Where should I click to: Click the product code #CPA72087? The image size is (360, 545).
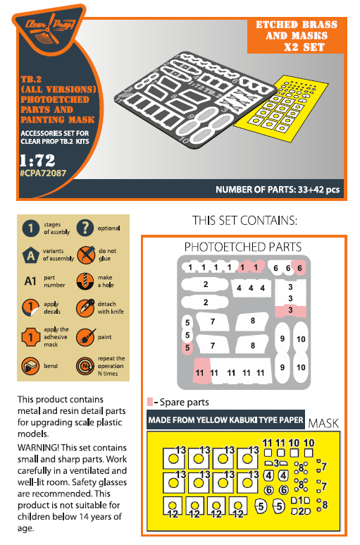point(43,173)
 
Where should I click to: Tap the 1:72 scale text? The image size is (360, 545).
point(37,160)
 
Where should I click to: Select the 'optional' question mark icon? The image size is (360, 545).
point(85,228)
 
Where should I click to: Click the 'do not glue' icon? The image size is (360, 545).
point(85,255)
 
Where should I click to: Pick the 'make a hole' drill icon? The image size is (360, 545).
point(85,281)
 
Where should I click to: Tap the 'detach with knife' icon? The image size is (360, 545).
point(85,307)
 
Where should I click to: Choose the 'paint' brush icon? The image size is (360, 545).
point(85,337)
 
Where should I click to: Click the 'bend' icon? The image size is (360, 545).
point(30,366)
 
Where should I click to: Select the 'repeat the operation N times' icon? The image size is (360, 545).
point(85,366)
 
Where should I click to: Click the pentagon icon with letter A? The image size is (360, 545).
point(30,255)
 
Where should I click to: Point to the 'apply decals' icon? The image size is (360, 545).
point(30,307)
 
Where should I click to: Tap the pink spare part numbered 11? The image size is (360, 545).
point(202,371)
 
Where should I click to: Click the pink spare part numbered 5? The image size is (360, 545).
point(187,348)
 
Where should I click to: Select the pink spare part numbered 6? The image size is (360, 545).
point(299,268)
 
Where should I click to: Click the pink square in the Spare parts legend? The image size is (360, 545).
point(150,402)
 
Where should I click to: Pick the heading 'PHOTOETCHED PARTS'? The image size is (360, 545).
point(243,247)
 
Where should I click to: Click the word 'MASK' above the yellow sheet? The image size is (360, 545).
point(323,423)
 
